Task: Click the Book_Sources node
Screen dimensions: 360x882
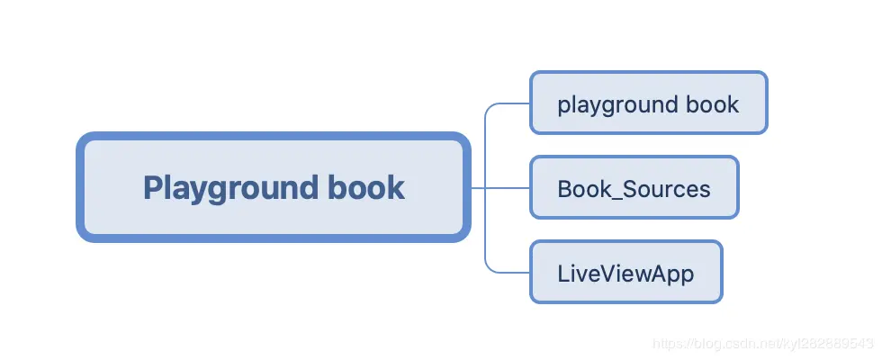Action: click(634, 188)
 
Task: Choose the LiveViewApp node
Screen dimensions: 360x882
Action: click(625, 273)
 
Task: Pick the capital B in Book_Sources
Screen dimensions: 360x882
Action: click(564, 189)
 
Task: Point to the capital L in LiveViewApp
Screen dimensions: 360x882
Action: click(563, 273)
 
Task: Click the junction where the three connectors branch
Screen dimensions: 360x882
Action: click(485, 188)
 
